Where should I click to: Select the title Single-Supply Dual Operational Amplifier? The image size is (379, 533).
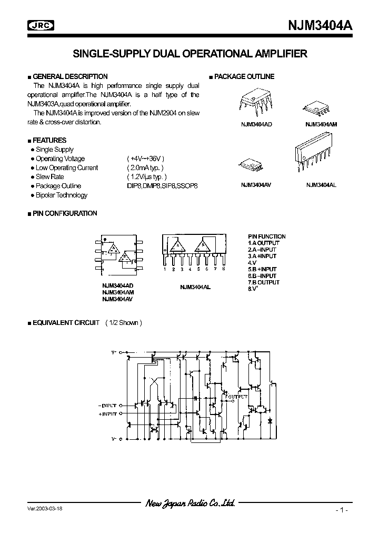click(x=189, y=54)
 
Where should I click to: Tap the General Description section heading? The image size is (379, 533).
click(x=69, y=76)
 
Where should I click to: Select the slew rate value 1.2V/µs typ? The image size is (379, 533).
click(x=147, y=177)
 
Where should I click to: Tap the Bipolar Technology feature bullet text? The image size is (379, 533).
click(x=62, y=195)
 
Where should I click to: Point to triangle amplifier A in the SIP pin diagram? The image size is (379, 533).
click(x=177, y=245)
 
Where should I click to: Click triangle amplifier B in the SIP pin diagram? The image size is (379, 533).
click(x=201, y=245)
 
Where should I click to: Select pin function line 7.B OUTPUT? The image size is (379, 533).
click(x=264, y=282)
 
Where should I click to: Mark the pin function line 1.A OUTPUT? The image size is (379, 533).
click(x=264, y=243)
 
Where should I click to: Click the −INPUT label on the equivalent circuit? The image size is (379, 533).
click(x=108, y=406)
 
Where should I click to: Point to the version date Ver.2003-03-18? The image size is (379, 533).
click(x=47, y=510)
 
